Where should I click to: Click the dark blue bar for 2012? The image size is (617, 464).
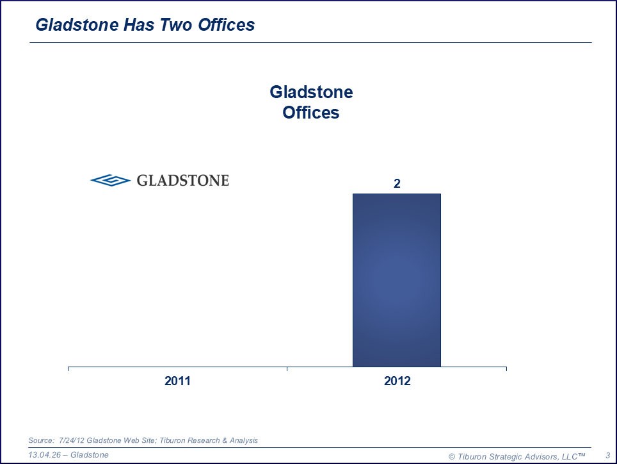[397, 280]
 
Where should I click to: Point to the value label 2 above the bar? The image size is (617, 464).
[397, 183]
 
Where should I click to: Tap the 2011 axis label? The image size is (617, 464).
[177, 381]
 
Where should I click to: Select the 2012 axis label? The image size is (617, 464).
[397, 381]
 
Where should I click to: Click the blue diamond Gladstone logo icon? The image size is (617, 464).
[111, 180]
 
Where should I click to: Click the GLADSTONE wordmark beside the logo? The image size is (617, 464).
[183, 180]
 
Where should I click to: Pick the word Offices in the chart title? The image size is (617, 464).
[311, 113]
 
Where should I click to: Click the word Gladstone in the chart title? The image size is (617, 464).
[311, 92]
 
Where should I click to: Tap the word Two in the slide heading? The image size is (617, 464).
[176, 25]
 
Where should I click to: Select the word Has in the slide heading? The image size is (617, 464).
[139, 25]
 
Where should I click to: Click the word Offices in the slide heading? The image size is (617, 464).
[227, 25]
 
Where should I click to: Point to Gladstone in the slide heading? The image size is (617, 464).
[77, 25]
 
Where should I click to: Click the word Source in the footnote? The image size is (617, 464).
[40, 440]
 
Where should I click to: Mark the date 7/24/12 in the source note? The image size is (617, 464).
[72, 440]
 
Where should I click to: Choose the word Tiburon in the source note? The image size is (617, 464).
[173, 440]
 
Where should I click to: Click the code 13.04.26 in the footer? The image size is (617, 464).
[44, 455]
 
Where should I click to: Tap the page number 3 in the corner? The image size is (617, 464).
[608, 456]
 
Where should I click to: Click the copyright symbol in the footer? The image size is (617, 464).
[452, 457]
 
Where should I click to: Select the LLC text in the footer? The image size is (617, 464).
[570, 456]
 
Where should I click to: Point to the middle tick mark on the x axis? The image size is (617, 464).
[287, 369]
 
